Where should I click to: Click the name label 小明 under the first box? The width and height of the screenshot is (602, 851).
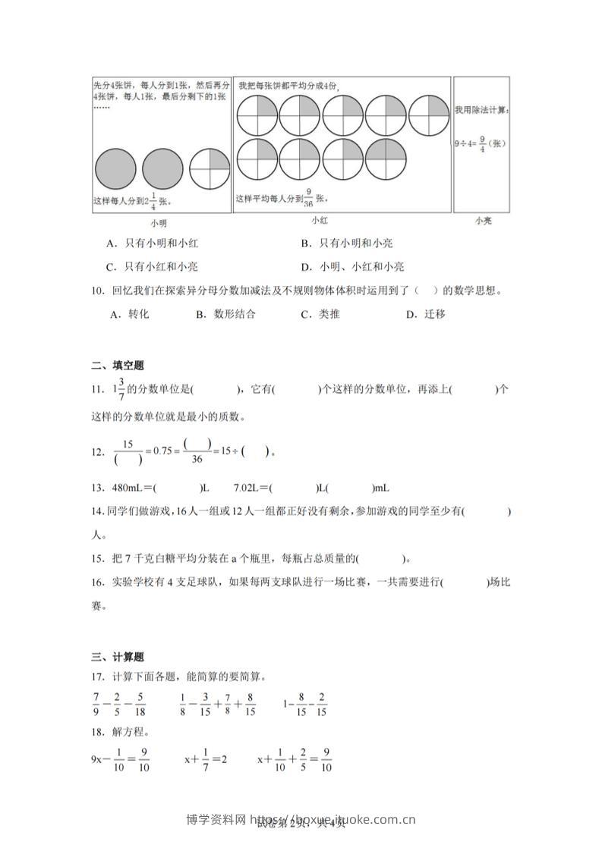[x=158, y=223]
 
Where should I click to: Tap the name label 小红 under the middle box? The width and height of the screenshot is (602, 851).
[x=320, y=220]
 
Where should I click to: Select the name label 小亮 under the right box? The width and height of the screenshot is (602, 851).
[x=483, y=221]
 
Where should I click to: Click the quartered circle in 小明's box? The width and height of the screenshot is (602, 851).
[x=210, y=168]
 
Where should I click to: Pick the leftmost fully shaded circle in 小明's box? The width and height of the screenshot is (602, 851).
[x=116, y=168]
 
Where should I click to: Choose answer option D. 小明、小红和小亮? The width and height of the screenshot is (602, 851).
[x=352, y=266]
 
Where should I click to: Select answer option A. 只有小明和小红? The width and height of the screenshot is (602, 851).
[x=153, y=243]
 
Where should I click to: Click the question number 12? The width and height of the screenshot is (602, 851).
[x=96, y=452]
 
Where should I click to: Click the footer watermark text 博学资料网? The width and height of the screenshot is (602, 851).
[x=215, y=819]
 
